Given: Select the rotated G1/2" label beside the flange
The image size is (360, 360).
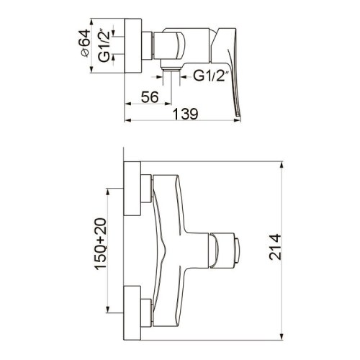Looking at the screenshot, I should pos(104,46).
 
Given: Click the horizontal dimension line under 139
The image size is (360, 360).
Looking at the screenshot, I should pos(180,120).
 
